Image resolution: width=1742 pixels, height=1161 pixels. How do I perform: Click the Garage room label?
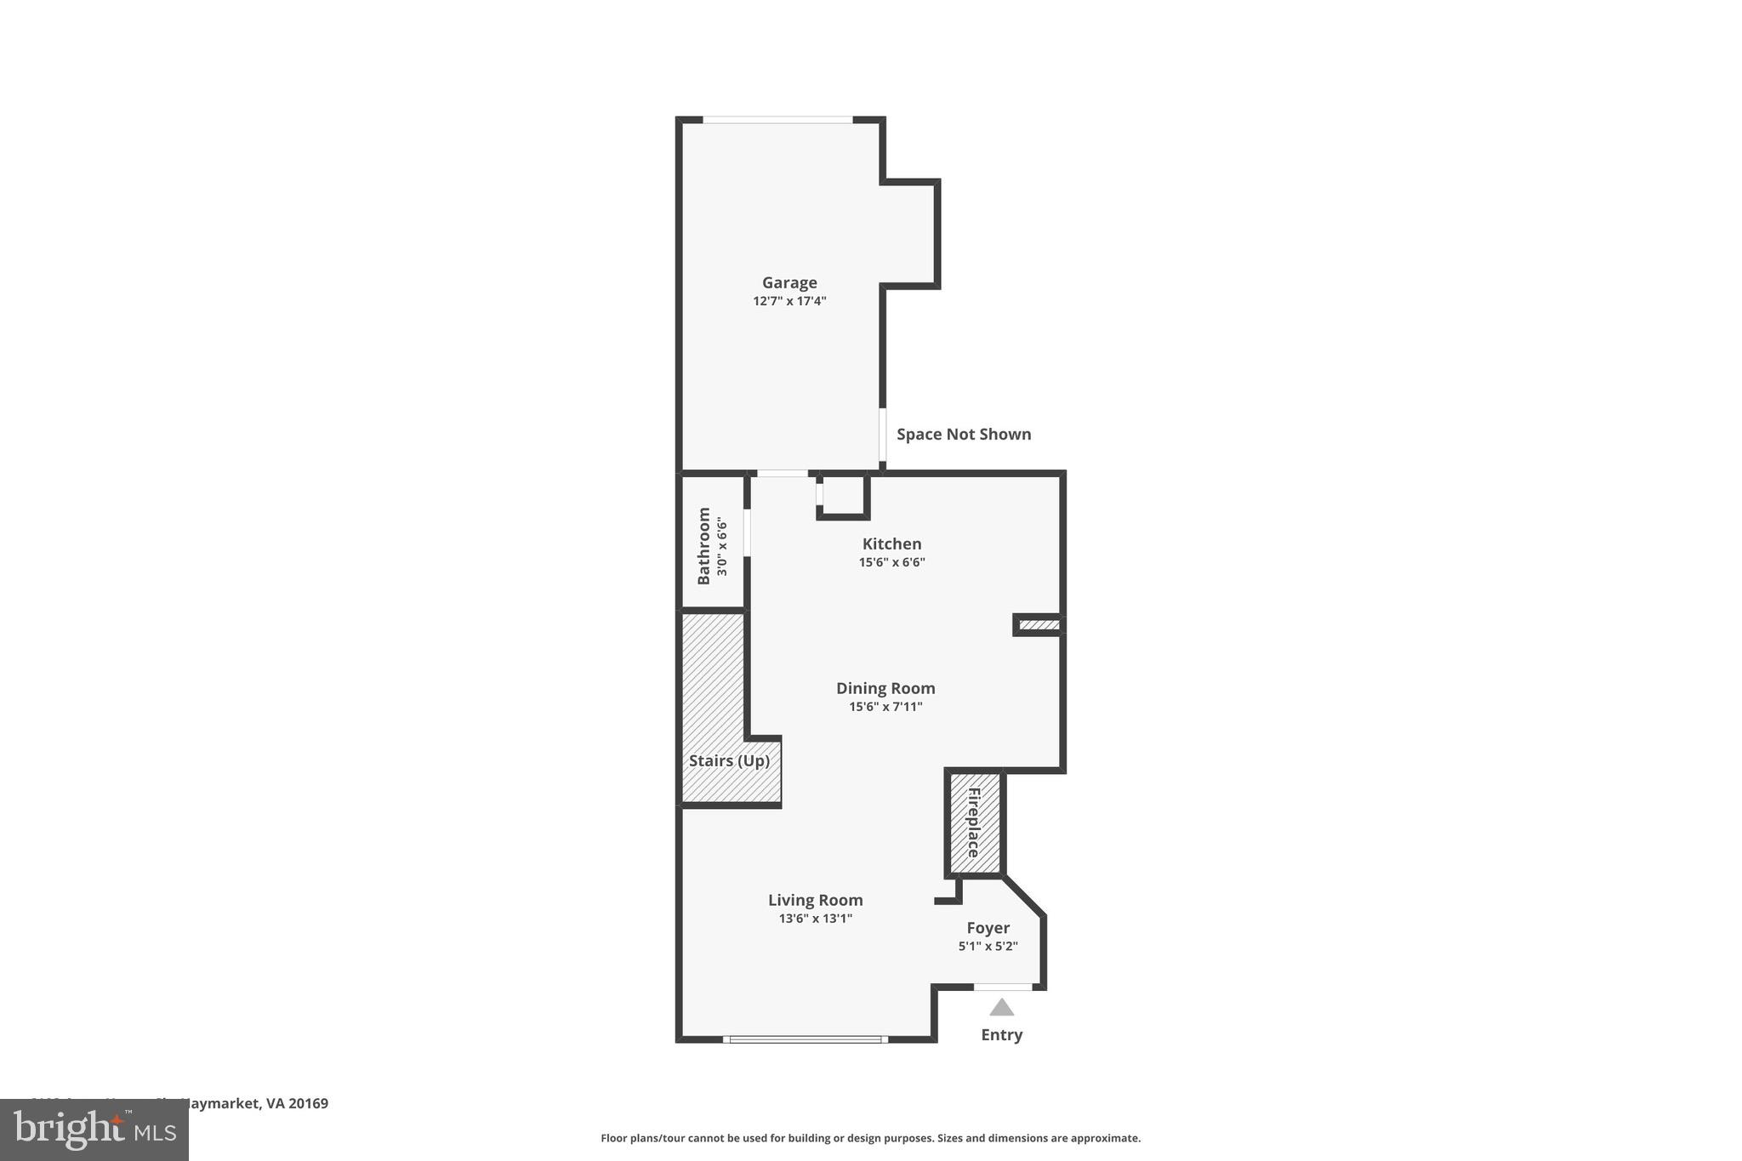click(789, 282)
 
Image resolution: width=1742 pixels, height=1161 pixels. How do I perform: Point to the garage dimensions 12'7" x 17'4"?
click(789, 301)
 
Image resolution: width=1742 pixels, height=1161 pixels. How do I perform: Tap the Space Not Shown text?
click(963, 435)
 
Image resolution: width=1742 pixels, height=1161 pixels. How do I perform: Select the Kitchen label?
click(891, 544)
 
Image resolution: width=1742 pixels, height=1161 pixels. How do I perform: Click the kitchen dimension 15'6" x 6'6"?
click(891, 562)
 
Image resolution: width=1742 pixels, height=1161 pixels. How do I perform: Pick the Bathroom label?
click(704, 545)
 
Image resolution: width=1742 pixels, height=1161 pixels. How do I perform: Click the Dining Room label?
click(885, 688)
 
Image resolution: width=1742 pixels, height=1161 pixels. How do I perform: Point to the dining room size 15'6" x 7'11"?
click(885, 707)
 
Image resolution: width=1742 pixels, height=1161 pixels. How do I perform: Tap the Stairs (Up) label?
click(729, 760)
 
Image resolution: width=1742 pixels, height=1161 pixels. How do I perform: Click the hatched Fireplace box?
click(975, 822)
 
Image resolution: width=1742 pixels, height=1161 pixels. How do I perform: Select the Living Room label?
click(815, 900)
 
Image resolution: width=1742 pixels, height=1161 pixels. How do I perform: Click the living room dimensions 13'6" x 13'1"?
click(815, 919)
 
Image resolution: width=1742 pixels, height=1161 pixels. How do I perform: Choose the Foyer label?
click(988, 928)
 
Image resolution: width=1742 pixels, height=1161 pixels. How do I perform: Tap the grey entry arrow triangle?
click(1001, 1008)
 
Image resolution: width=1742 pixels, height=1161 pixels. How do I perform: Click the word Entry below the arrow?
click(1001, 1035)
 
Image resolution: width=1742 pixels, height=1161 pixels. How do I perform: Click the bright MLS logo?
click(94, 1130)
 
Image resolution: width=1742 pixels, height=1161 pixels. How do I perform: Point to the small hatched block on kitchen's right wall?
click(1039, 625)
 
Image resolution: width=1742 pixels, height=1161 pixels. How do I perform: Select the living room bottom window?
click(805, 1039)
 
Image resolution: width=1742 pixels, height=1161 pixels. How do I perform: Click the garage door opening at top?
click(777, 120)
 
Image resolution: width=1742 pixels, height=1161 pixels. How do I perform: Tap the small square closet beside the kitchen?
click(843, 495)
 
